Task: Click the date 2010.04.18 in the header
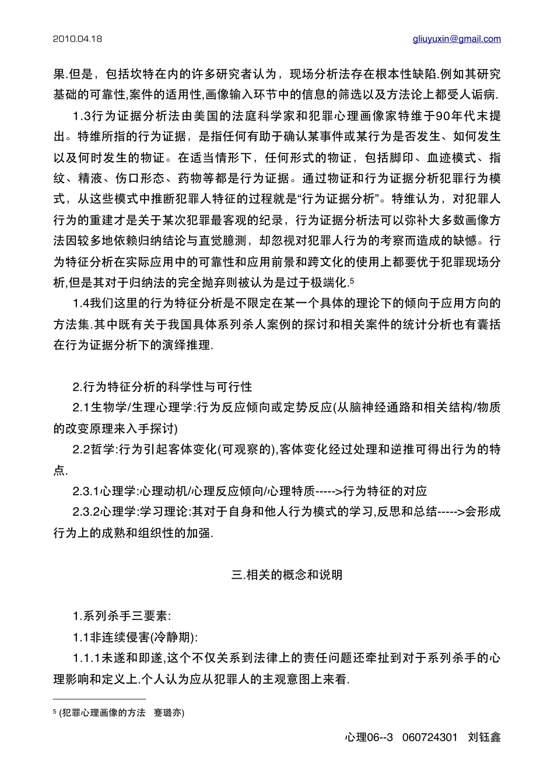point(77,39)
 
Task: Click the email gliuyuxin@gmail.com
point(457,39)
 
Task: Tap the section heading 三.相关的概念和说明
point(287,575)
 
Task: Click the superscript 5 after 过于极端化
point(352,280)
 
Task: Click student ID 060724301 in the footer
point(430,737)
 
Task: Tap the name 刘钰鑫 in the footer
point(484,737)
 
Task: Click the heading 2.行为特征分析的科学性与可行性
point(163,387)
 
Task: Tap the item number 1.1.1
point(85,659)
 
